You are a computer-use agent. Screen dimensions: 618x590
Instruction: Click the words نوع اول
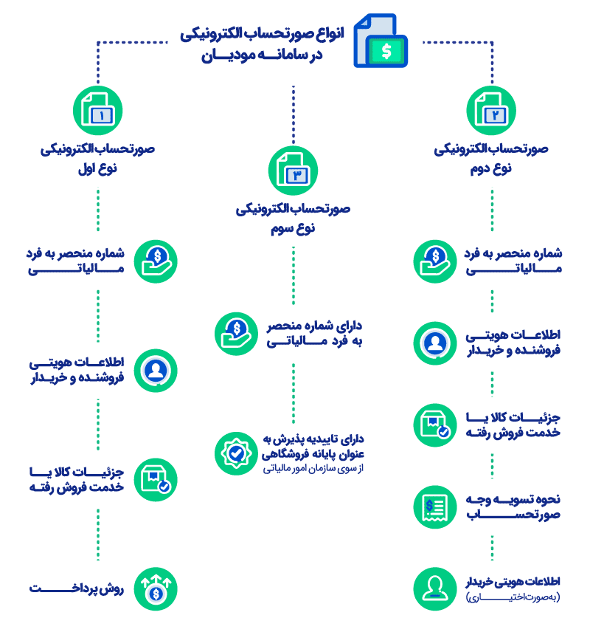(98, 168)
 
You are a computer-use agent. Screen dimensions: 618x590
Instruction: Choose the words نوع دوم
(493, 168)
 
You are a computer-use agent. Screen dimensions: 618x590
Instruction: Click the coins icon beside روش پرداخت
(156, 588)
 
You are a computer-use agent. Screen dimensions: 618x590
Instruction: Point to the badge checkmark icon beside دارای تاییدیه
(235, 453)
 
